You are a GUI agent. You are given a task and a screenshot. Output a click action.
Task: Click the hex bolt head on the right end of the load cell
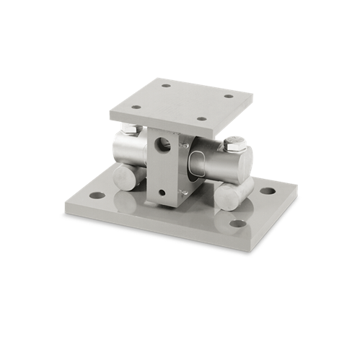(x=233, y=144)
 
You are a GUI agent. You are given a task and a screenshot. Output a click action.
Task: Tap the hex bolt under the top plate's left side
(x=129, y=129)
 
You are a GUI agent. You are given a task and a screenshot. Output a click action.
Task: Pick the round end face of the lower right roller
(x=228, y=197)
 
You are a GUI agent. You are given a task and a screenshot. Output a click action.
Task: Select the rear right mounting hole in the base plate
(x=268, y=191)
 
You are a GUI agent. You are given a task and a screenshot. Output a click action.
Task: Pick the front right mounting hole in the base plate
(x=237, y=223)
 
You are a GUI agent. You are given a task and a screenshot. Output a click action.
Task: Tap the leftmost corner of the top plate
(x=110, y=110)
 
